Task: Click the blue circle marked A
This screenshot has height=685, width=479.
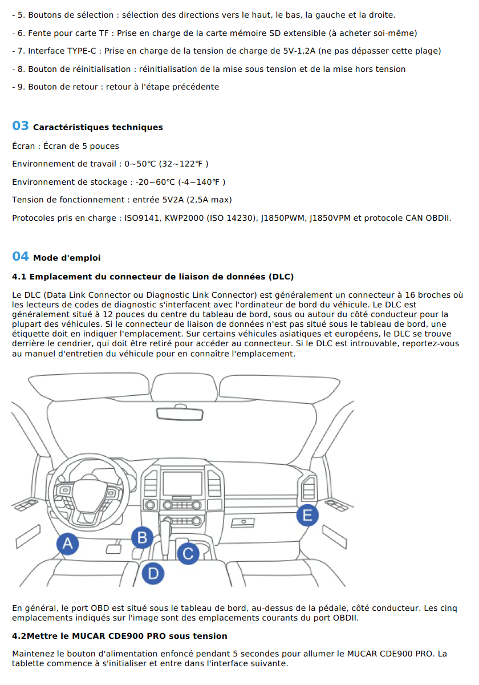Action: tap(67, 544)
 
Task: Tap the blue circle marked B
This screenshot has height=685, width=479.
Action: tap(142, 537)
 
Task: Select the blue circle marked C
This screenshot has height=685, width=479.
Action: tap(188, 553)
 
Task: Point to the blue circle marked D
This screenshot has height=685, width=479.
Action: tap(152, 573)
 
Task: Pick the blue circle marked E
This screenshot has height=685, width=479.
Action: tap(307, 516)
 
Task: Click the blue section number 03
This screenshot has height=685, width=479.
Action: tap(21, 126)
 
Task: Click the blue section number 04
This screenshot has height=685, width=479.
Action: tap(21, 257)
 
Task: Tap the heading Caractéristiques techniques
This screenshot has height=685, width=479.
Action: tap(98, 127)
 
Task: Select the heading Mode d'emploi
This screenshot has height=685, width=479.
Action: tap(67, 258)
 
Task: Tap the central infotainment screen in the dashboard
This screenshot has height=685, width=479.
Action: tap(182, 484)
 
